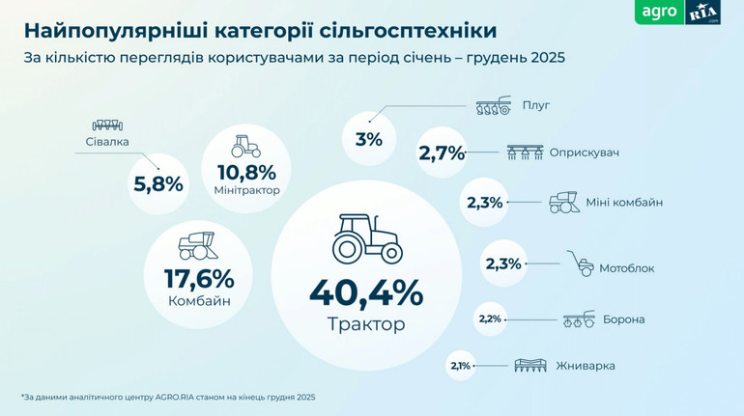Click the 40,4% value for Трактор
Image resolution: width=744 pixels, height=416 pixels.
[365, 291]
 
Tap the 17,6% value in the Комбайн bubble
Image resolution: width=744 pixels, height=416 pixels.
[200, 279]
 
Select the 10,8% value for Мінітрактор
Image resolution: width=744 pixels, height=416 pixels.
[245, 172]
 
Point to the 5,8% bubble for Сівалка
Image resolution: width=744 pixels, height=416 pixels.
[157, 182]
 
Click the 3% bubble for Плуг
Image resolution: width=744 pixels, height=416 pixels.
[368, 139]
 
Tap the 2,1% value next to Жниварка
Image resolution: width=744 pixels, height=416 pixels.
[460, 366]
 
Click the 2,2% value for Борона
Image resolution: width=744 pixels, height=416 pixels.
[490, 319]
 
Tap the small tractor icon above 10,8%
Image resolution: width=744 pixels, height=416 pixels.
[245, 146]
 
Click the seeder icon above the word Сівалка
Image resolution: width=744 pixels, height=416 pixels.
[106, 125]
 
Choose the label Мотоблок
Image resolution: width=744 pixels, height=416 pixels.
[626, 267]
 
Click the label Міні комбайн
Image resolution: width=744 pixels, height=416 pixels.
[624, 203]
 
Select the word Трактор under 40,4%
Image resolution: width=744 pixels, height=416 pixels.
[366, 324]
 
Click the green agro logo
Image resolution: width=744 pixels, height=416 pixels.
[660, 14]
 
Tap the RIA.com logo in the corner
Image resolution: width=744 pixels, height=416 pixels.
[702, 14]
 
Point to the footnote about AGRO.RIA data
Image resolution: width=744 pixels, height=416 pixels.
[168, 397]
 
